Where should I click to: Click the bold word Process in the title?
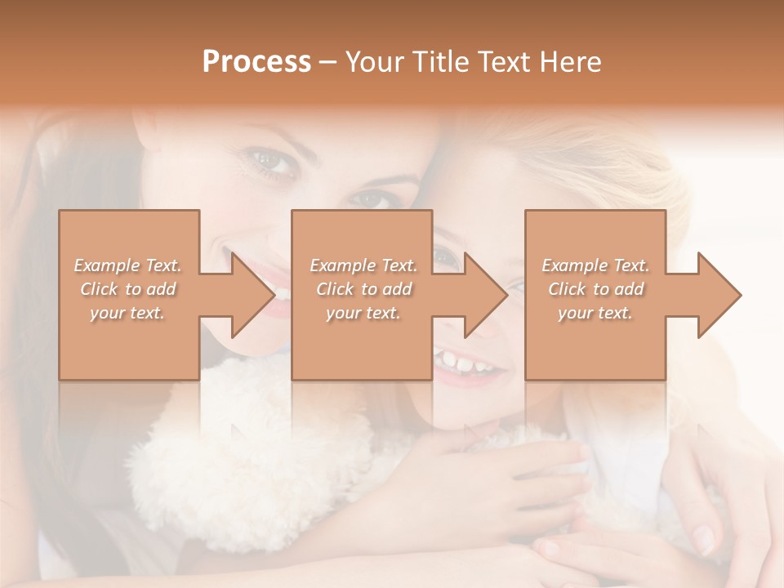(x=256, y=62)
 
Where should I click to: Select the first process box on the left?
(x=129, y=343)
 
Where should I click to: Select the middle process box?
(x=362, y=343)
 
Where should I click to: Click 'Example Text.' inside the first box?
(x=127, y=265)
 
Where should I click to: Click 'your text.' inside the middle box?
(x=363, y=314)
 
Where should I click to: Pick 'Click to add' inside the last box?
(x=595, y=289)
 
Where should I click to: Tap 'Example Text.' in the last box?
(x=595, y=265)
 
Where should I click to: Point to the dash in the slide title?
(x=328, y=62)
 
